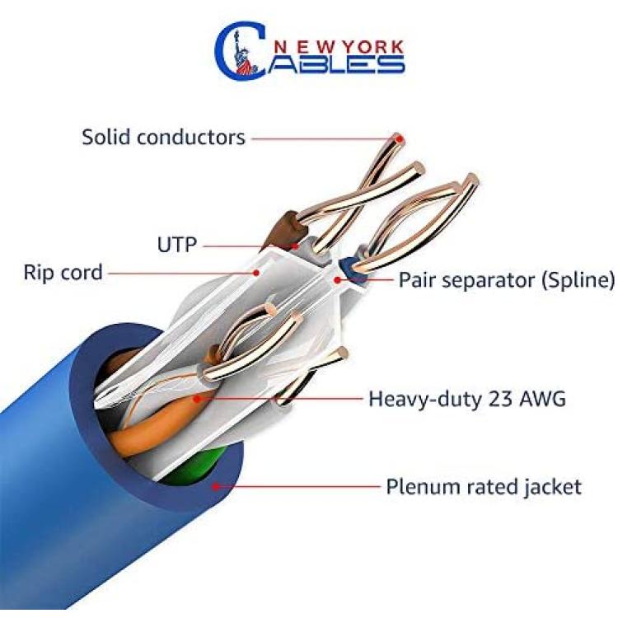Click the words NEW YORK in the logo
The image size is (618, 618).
tap(338, 47)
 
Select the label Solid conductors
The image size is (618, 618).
tap(163, 137)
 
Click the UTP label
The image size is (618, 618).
tap(177, 245)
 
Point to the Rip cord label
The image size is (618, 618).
tap(63, 273)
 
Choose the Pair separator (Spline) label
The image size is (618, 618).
tap(507, 280)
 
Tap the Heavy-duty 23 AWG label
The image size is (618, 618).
tap(467, 399)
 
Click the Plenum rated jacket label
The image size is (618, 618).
tap(484, 486)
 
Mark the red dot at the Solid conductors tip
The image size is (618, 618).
tap(400, 139)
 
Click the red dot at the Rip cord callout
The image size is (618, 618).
tap(256, 273)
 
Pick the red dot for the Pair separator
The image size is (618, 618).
tap(337, 280)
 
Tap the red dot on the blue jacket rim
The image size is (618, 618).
tap(215, 486)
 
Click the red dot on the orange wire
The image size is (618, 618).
tap(197, 399)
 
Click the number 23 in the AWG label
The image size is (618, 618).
tap(500, 399)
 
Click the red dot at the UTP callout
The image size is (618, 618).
tap(295, 246)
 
